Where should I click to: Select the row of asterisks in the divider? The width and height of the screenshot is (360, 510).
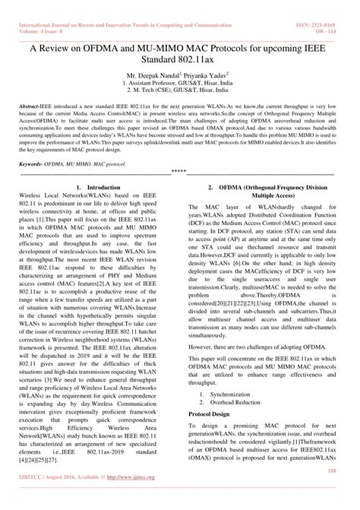[179, 172]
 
